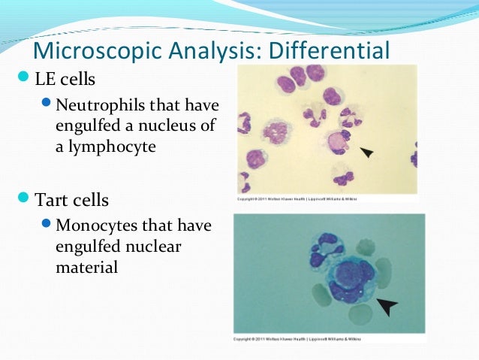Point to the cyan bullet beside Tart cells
pyautogui.click(x=22, y=199)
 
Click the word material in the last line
pyautogui.click(x=86, y=266)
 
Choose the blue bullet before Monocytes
pyautogui.click(x=47, y=225)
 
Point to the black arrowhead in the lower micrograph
pyautogui.click(x=387, y=305)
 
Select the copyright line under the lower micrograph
pyautogui.click(x=297, y=339)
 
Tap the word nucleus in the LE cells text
pyautogui.click(x=167, y=125)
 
